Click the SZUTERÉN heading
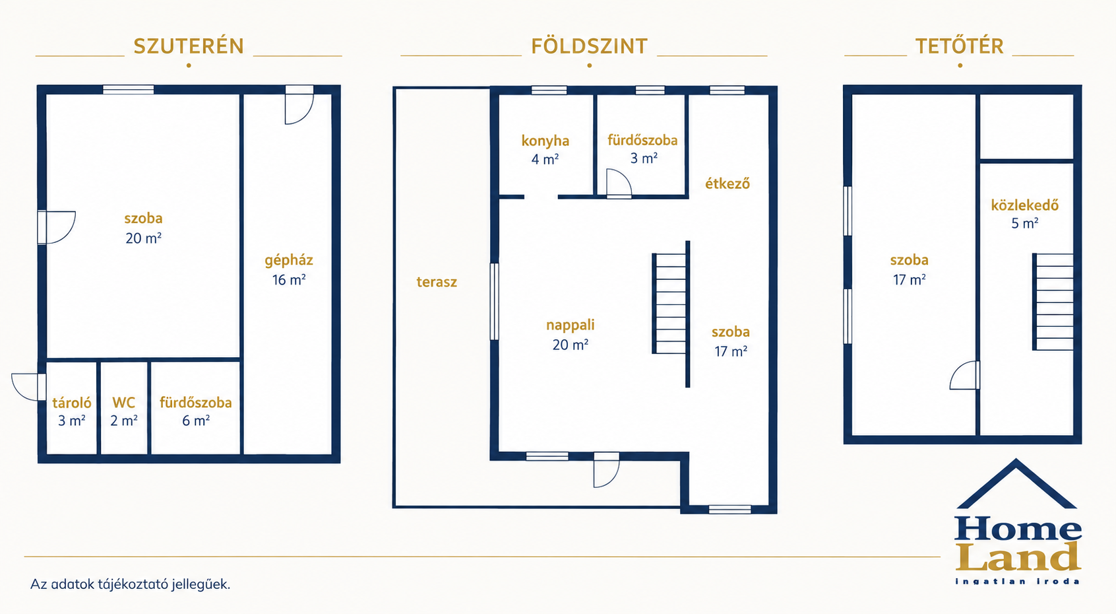point(189,46)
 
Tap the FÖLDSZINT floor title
point(590,46)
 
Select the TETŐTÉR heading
point(960,46)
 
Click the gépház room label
point(288,260)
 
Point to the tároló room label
point(72,403)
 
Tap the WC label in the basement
point(123,403)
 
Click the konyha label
point(545,141)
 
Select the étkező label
point(728,184)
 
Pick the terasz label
point(437,282)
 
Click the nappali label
point(570,325)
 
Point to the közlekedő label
point(1025,205)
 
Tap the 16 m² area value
point(289,280)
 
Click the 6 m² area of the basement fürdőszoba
point(195,421)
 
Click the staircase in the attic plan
point(1053,302)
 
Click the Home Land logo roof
point(1016,483)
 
